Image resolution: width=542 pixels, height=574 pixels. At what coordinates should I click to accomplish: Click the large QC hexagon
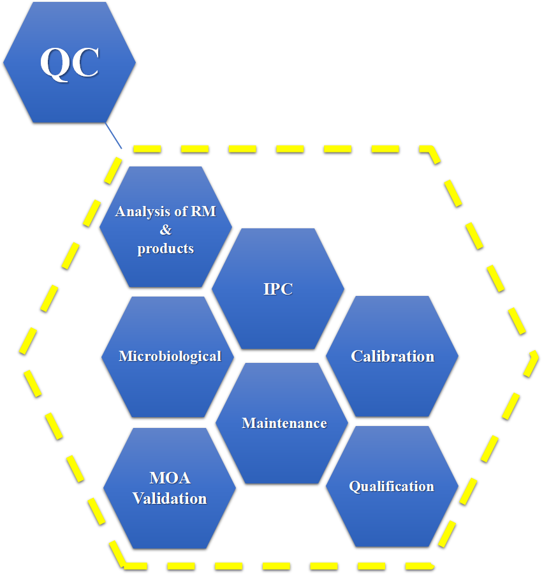point(69,96)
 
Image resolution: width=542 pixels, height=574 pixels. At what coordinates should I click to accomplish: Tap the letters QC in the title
point(70,62)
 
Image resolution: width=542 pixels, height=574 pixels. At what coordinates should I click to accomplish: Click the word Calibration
point(392,356)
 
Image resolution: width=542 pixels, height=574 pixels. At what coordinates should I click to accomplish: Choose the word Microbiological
point(170,356)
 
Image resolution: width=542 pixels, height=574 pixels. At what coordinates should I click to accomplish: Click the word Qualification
point(392,486)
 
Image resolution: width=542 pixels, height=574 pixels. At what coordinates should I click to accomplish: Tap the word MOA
point(170,478)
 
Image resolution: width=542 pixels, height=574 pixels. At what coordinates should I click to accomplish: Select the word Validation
point(170,498)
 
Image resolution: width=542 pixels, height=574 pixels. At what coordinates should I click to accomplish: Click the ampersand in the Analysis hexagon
point(166,230)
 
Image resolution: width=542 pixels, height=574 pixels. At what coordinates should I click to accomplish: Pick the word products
point(166,248)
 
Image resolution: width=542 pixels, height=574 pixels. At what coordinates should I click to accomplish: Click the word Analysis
point(143,211)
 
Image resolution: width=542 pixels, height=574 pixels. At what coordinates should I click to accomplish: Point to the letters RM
point(203,211)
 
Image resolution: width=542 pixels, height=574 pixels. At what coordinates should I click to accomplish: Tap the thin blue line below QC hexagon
point(114,136)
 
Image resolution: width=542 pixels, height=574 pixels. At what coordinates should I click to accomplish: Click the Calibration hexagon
point(392,389)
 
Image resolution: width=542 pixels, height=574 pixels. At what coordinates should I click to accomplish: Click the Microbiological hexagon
point(167,389)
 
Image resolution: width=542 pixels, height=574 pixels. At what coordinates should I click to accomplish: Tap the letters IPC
point(278,288)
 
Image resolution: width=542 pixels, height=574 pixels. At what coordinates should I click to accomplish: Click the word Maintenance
point(284,423)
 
